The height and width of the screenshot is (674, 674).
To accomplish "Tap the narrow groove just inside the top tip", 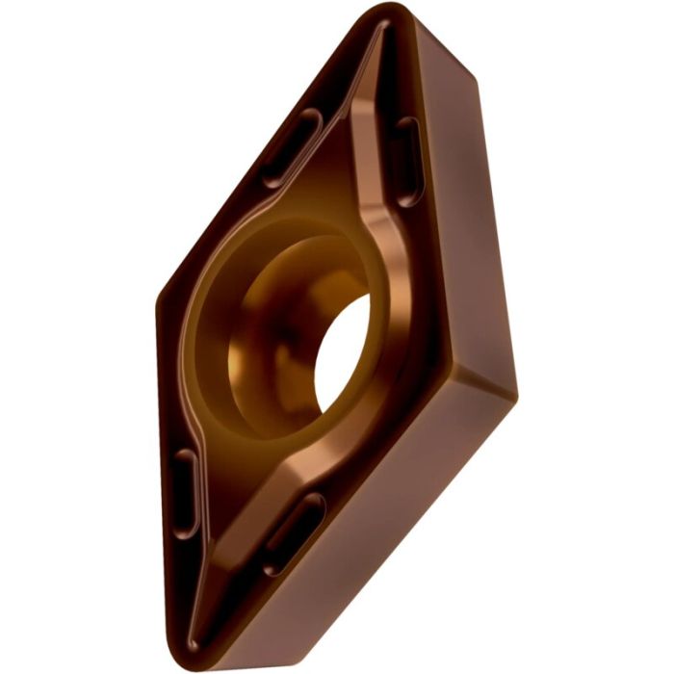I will [x=378, y=58].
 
